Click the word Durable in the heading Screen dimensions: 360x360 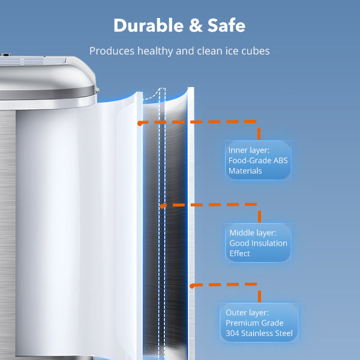tap(149, 25)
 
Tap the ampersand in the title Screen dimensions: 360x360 tap(196, 25)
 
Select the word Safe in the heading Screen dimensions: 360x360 tap(226, 25)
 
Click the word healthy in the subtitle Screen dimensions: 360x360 tap(155, 51)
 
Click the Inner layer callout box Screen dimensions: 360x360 tap(258, 160)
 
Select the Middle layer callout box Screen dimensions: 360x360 tap(258, 242)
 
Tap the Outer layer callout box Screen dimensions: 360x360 tap(259, 323)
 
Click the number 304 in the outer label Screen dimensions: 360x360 tap(232, 333)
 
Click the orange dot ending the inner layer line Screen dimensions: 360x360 tap(140, 124)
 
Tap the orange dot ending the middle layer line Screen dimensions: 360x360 tap(163, 206)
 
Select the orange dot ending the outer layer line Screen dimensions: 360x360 tap(192, 286)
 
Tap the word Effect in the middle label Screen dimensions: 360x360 tap(239, 253)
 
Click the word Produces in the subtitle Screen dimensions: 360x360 tap(112, 51)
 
